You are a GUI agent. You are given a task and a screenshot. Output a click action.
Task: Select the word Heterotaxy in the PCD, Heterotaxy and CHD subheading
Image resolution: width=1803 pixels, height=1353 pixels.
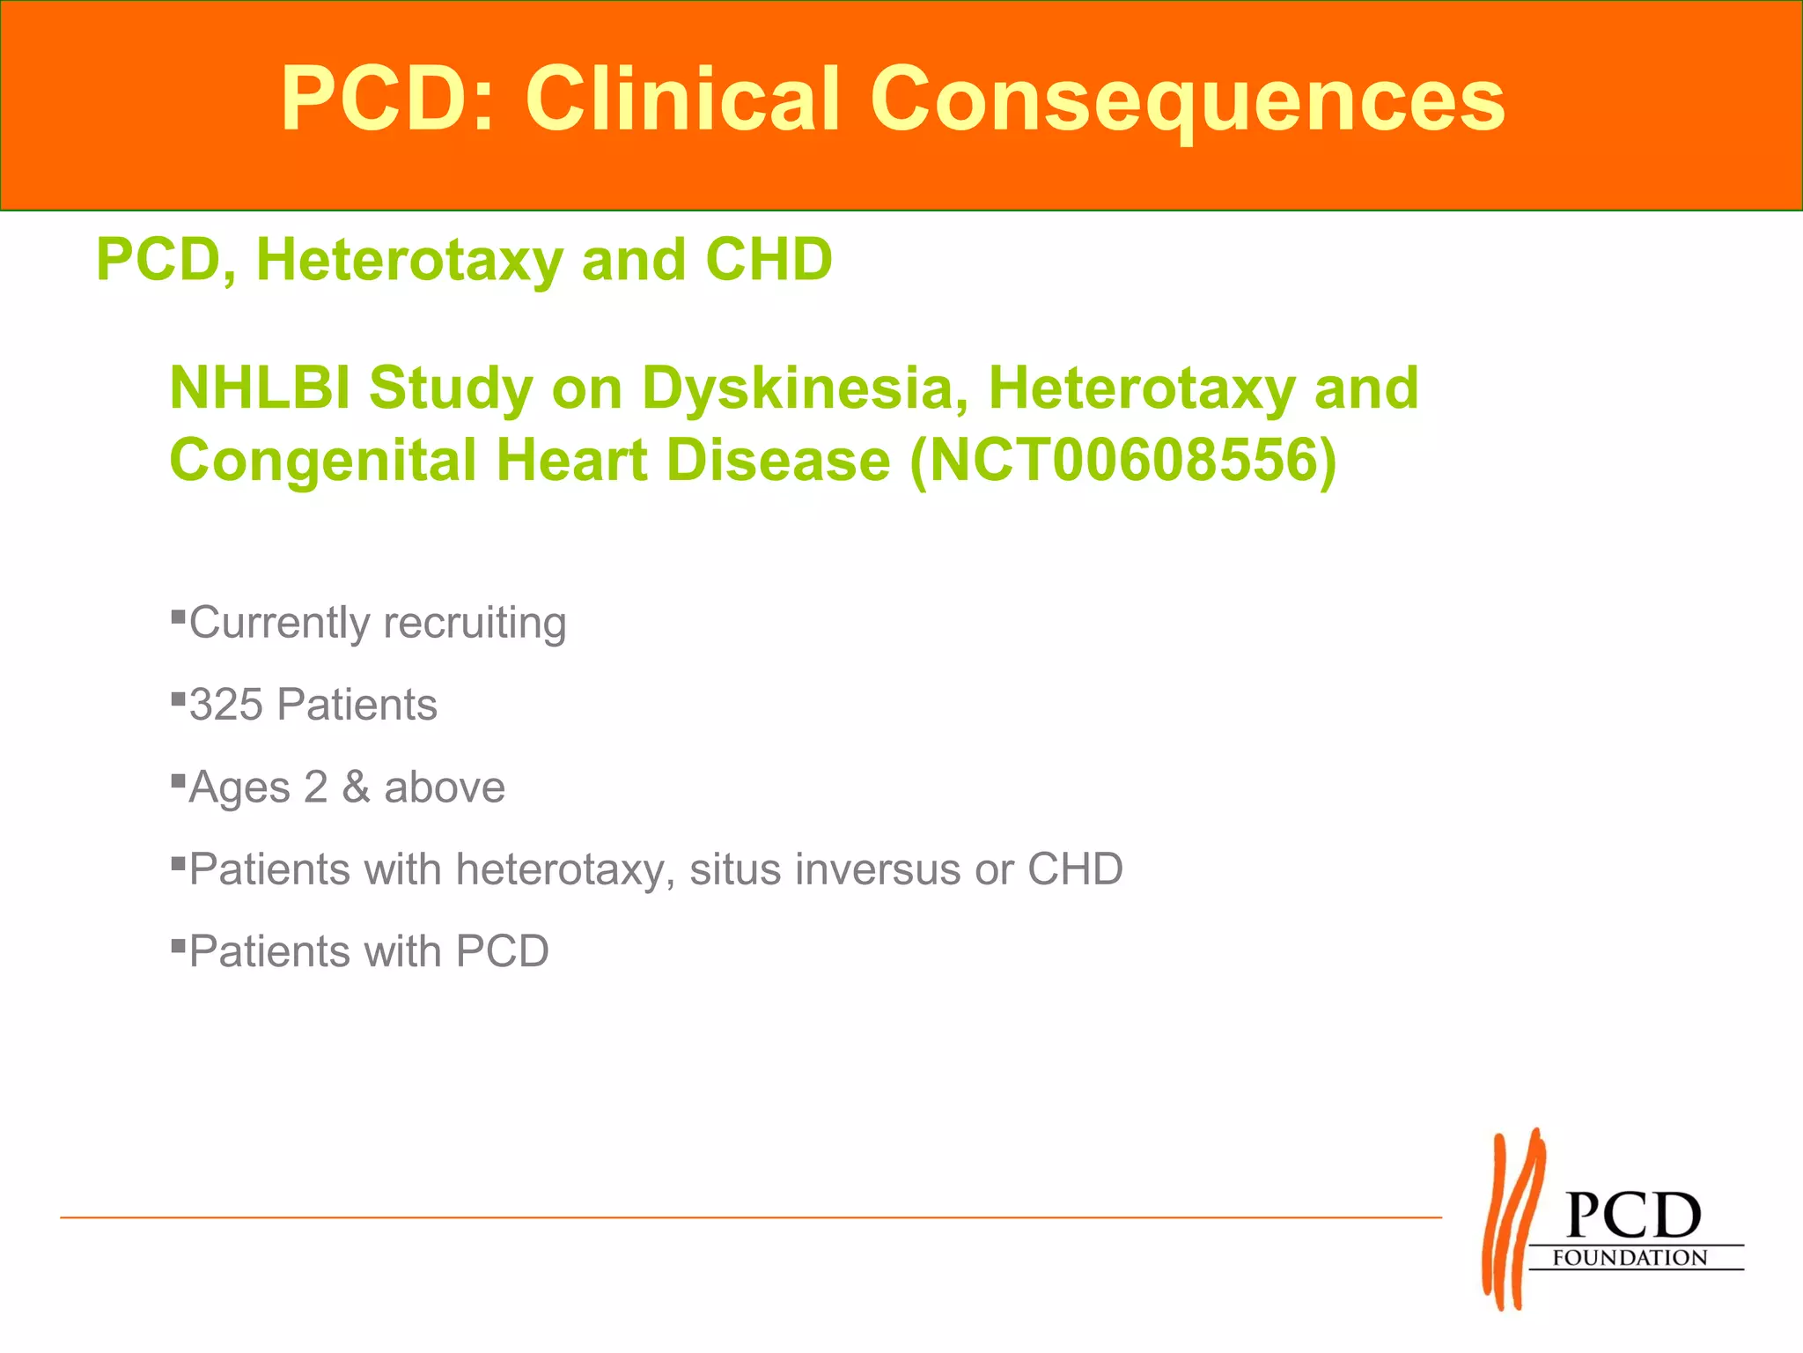(x=409, y=260)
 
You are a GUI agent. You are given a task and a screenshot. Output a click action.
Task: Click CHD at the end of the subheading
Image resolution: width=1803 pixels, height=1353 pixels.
(x=768, y=260)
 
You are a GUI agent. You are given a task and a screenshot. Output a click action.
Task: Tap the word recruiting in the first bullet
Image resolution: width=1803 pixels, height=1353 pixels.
(x=475, y=623)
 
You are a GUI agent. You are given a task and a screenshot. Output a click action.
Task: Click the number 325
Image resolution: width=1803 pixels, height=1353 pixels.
(x=226, y=705)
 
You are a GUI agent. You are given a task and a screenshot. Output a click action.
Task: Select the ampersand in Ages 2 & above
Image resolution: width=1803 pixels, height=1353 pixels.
(x=355, y=787)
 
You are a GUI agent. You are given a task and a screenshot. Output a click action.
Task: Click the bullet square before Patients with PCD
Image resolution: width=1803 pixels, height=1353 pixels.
(x=178, y=946)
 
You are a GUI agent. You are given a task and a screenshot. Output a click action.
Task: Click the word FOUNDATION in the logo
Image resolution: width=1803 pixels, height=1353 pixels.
(x=1630, y=1257)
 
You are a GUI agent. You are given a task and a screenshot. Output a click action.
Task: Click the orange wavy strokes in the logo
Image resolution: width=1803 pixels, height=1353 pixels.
(x=1512, y=1220)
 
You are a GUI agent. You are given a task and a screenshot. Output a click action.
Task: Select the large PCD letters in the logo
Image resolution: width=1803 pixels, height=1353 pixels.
(x=1634, y=1216)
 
